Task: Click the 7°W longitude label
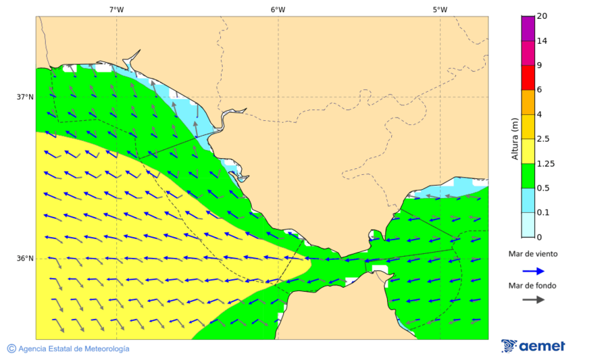pyautogui.click(x=116, y=9)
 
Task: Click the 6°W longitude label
pyautogui.click(x=278, y=9)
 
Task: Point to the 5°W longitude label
pyautogui.click(x=440, y=9)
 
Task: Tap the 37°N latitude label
pyautogui.click(x=25, y=97)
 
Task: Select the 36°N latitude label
pyautogui.click(x=25, y=259)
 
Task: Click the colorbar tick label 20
pyautogui.click(x=542, y=16)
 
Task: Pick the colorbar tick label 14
pyautogui.click(x=542, y=41)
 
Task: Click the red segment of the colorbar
pyautogui.click(x=528, y=78)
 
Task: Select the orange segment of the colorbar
pyautogui.click(x=528, y=102)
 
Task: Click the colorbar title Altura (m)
pyautogui.click(x=515, y=138)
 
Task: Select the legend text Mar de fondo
pyautogui.click(x=533, y=285)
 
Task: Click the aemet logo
pyautogui.click(x=533, y=346)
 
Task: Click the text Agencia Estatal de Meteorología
pyautogui.click(x=74, y=349)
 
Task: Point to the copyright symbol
pyautogui.click(x=11, y=349)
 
